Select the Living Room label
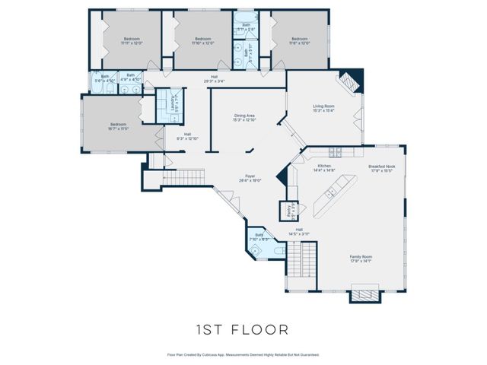[324, 108]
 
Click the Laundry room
[166, 105]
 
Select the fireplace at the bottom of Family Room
[363, 294]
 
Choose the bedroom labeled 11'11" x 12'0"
[132, 40]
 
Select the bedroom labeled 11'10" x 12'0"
[202, 40]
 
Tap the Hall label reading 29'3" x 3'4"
[216, 79]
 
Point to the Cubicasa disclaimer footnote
[243, 354]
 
